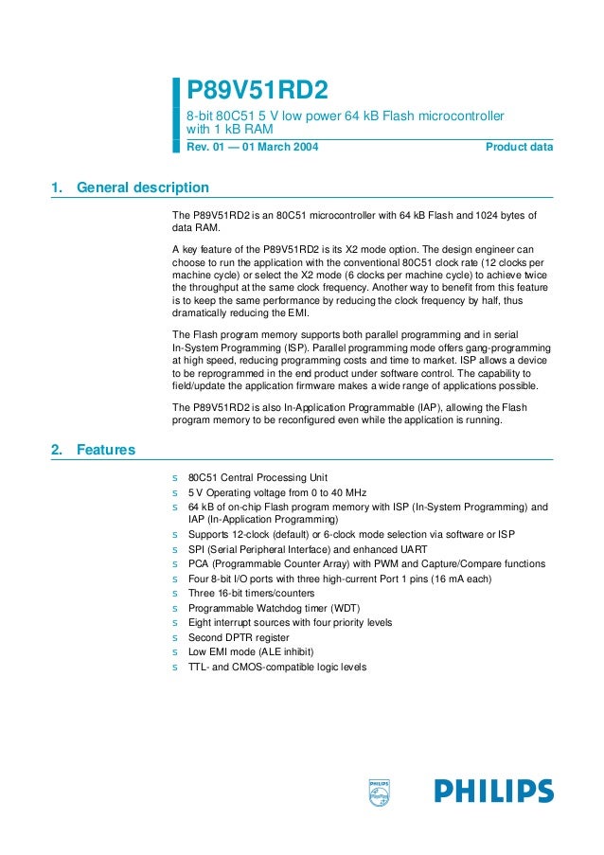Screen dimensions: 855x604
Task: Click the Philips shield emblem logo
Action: coord(379,793)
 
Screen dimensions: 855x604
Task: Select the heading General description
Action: coord(142,187)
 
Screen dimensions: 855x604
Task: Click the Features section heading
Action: coord(105,450)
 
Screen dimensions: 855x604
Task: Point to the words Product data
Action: coord(519,147)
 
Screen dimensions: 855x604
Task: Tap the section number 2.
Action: coord(56,450)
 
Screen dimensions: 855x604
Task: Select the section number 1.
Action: coord(56,187)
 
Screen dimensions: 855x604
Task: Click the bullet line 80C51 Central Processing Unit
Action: coord(258,478)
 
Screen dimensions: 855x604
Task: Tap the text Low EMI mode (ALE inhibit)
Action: coord(250,651)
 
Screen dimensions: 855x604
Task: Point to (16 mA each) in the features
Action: coord(458,579)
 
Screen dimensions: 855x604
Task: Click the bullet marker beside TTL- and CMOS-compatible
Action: coord(174,667)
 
